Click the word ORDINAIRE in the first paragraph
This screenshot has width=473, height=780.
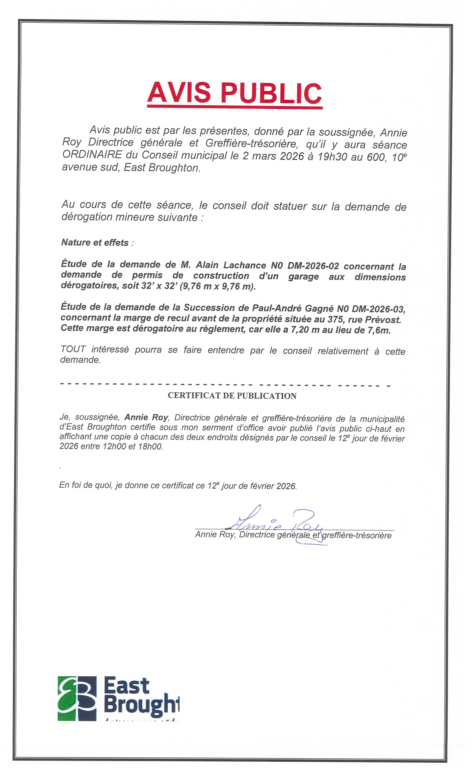[92, 155]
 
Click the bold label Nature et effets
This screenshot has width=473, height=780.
[95, 242]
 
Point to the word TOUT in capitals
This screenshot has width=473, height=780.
[73, 349]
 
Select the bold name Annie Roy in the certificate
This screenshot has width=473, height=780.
[146, 417]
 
